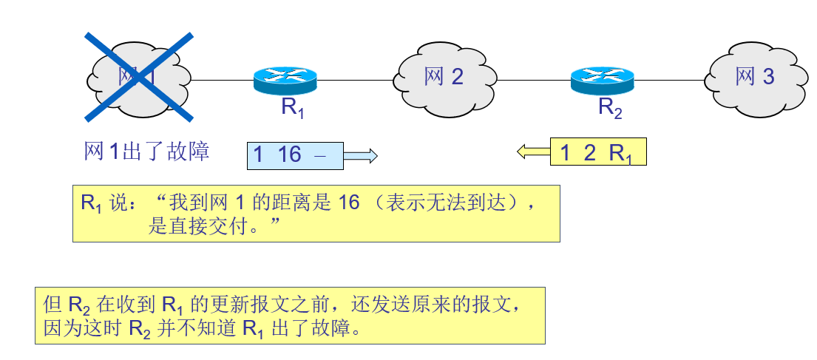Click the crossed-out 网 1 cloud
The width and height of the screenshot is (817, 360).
coord(138,75)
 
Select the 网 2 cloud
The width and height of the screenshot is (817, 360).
coord(444,75)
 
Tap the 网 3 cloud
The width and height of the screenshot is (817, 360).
coord(755,75)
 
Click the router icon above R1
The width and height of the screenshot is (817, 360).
coord(285,79)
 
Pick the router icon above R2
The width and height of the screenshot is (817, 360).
coord(602,79)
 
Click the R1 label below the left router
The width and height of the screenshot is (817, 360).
coord(292,108)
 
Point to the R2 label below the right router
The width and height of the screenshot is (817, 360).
coord(610,108)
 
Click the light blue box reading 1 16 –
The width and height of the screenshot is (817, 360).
coord(295,155)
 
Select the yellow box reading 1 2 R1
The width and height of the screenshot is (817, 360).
coord(598,152)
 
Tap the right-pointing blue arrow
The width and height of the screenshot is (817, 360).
coord(362,155)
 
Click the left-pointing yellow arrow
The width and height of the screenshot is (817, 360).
coord(533,152)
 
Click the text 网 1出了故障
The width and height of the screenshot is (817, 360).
coord(147,152)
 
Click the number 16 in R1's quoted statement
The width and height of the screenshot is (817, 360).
coord(348,203)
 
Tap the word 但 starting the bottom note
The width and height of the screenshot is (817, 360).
coord(52,305)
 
